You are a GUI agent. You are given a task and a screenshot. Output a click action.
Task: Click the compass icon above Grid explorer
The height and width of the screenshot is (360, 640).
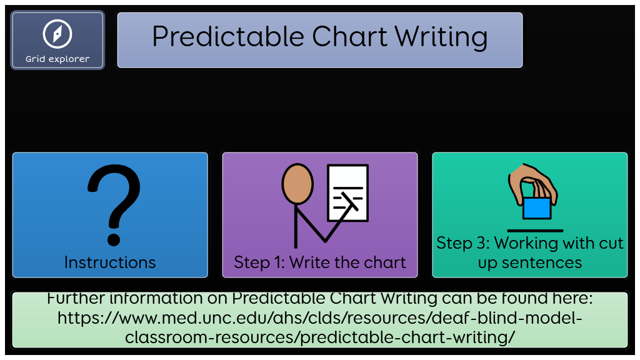(57, 34)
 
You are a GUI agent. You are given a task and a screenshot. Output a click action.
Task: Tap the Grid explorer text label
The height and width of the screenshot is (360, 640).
(57, 59)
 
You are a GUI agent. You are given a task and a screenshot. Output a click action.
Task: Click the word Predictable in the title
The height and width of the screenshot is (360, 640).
(228, 37)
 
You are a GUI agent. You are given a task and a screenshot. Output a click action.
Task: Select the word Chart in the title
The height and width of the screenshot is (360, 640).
(350, 37)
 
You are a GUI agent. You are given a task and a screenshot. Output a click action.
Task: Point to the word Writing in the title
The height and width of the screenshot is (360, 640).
(441, 37)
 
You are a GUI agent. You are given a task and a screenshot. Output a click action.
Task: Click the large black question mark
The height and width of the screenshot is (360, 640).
(114, 205)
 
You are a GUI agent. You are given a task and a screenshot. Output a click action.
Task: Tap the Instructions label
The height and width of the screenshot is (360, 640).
(110, 262)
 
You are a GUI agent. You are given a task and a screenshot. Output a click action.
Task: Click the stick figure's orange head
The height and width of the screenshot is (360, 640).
(297, 184)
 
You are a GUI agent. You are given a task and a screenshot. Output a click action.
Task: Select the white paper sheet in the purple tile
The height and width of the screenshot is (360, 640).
(348, 192)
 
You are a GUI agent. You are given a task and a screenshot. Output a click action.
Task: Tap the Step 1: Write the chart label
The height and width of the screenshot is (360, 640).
(320, 262)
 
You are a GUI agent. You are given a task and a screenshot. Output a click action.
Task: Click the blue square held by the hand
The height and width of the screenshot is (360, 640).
(537, 207)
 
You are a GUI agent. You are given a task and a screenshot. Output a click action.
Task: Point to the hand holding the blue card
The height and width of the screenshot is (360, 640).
(532, 184)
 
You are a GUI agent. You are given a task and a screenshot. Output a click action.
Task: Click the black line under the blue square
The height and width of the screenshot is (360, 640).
(535, 231)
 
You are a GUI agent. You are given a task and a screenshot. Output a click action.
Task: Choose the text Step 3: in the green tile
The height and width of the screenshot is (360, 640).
(463, 243)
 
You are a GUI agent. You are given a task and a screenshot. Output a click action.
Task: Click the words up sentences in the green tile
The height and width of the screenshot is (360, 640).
(530, 263)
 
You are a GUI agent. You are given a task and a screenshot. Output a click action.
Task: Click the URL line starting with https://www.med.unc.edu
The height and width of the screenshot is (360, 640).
(319, 318)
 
